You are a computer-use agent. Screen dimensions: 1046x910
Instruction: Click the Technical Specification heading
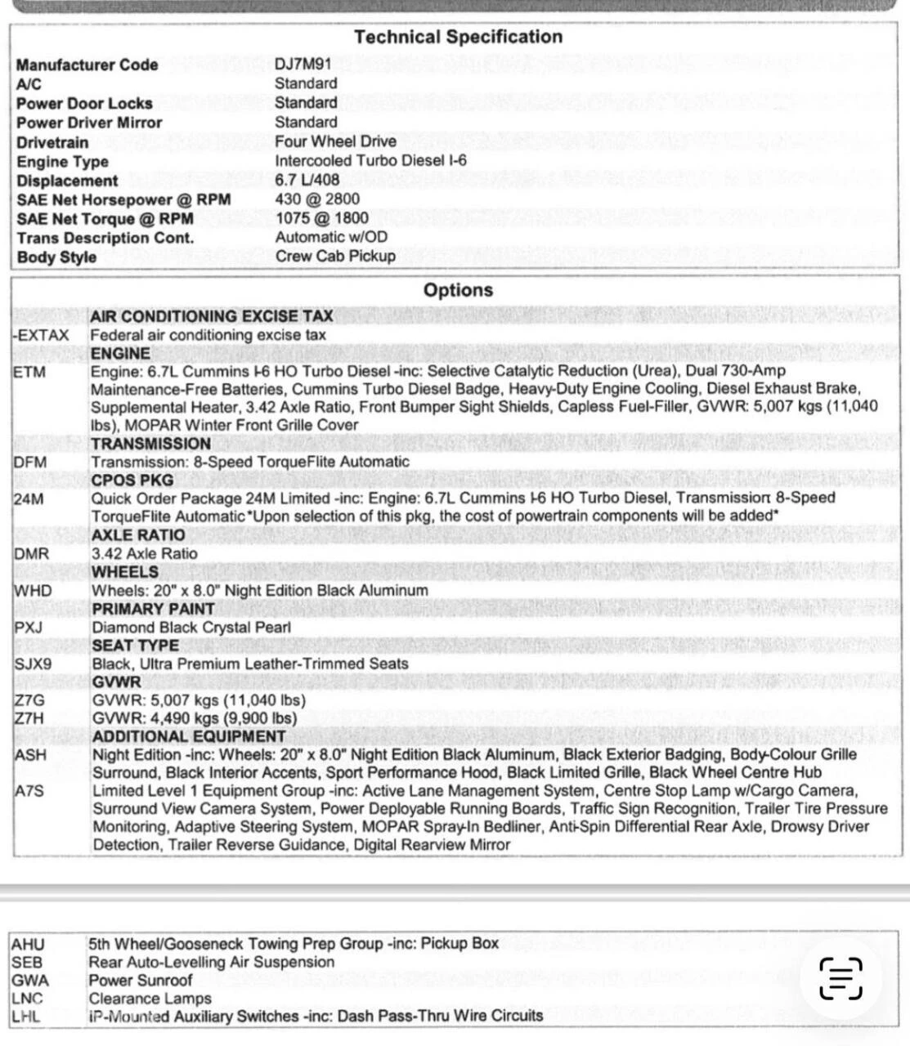pyautogui.click(x=458, y=37)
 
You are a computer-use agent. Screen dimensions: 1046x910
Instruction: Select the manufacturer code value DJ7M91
pyautogui.click(x=303, y=65)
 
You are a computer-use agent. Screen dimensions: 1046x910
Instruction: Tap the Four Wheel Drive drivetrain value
pyautogui.click(x=335, y=141)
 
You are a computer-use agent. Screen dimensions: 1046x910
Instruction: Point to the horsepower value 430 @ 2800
pyautogui.click(x=317, y=199)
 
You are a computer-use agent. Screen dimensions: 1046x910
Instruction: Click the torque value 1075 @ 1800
pyautogui.click(x=321, y=218)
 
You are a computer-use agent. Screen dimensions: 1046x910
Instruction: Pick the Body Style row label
pyautogui.click(x=56, y=257)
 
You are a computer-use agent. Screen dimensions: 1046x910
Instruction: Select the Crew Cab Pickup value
pyautogui.click(x=335, y=256)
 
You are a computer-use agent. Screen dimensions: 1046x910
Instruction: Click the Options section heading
pyautogui.click(x=458, y=290)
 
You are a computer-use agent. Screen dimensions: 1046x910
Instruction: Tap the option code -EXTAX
pyautogui.click(x=41, y=335)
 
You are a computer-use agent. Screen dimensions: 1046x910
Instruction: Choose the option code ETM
pyautogui.click(x=29, y=372)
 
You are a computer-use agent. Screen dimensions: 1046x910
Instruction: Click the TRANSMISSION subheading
pyautogui.click(x=151, y=444)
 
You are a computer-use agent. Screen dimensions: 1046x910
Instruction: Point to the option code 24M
pyautogui.click(x=29, y=498)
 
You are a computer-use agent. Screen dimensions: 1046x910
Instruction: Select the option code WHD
pyautogui.click(x=33, y=591)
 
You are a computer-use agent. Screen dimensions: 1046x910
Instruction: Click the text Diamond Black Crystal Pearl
pyautogui.click(x=191, y=628)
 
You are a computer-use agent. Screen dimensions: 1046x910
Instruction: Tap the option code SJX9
pyautogui.click(x=33, y=664)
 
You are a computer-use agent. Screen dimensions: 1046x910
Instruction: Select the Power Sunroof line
pyautogui.click(x=141, y=981)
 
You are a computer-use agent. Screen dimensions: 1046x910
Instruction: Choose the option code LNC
pyautogui.click(x=27, y=999)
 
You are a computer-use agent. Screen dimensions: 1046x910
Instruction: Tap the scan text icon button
pyautogui.click(x=841, y=978)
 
